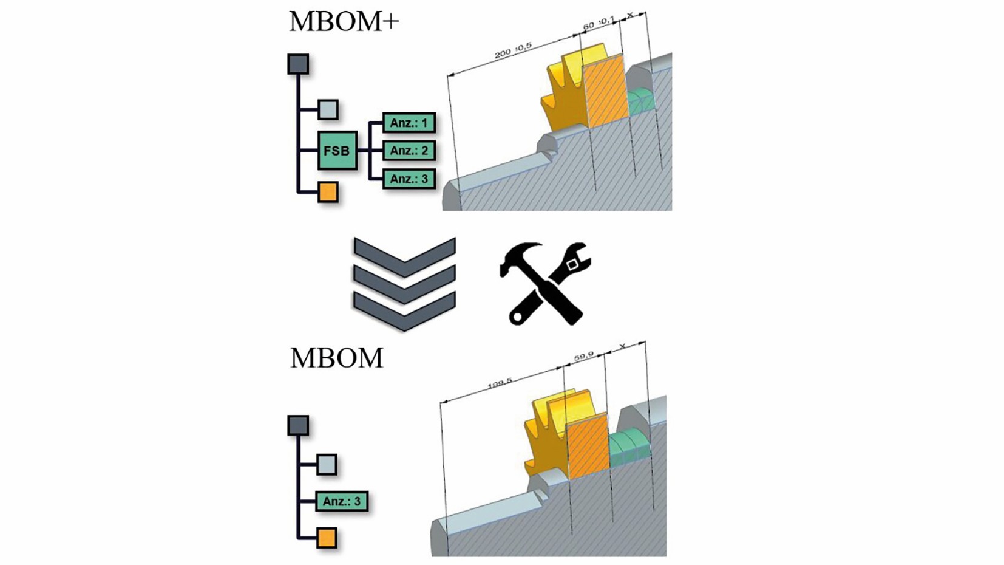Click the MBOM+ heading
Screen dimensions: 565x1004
344,22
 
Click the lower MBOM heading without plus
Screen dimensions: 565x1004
336,358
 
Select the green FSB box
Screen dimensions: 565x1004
337,151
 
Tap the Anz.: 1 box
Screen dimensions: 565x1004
409,123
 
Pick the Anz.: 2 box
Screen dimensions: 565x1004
409,151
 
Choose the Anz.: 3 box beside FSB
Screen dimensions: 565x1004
409,179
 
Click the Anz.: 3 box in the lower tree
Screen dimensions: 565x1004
341,502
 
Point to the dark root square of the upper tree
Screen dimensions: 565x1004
298,64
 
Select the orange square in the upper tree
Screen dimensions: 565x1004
328,193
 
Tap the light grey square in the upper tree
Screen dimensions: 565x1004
328,110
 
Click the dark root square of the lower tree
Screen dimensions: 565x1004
298,425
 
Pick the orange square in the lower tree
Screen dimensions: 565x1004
327,538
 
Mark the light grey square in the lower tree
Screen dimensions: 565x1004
327,465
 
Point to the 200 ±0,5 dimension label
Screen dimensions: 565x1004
513,50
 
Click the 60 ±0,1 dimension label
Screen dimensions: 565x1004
599,24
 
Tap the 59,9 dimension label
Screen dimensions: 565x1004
584,357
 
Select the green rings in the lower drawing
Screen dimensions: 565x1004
629,448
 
